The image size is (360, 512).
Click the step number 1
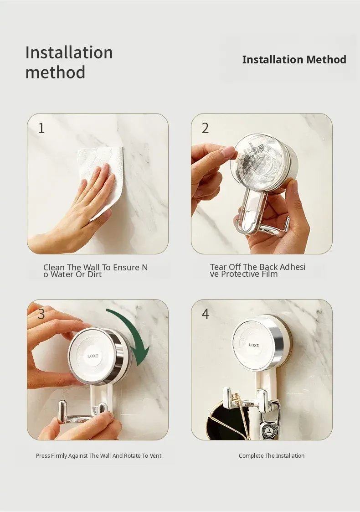pos(41,128)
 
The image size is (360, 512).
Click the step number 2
pos(205,128)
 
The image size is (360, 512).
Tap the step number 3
pos(41,314)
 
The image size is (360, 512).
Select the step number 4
pos(205,314)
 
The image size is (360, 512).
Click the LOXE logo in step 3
pos(93,356)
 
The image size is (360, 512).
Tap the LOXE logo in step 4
pos(254,345)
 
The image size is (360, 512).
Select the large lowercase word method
pos(55,72)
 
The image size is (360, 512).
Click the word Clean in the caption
pos(54,268)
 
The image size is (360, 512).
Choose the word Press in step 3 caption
pos(43,456)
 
